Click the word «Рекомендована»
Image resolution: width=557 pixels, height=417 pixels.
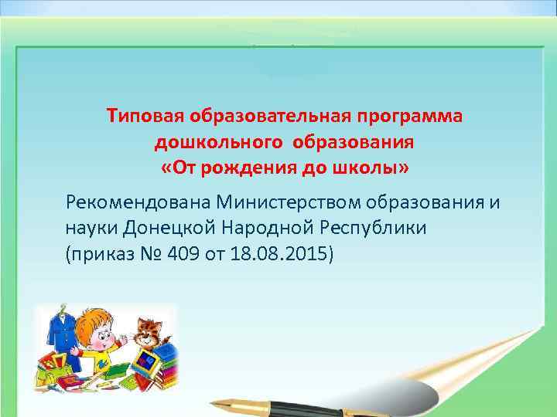tap(139, 203)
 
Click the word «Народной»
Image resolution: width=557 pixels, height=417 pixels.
tap(267, 229)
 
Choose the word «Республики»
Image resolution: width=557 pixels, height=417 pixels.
tap(372, 229)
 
